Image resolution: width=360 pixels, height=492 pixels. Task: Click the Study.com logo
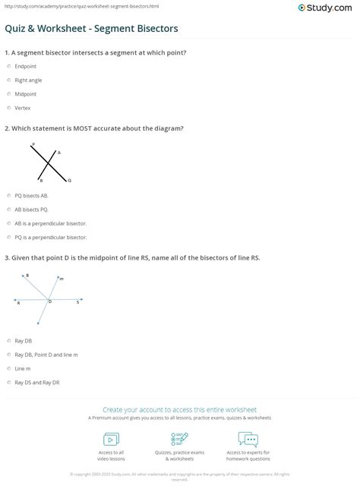pyautogui.click(x=328, y=8)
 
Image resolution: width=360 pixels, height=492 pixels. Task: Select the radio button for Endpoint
pyautogui.click(x=8, y=66)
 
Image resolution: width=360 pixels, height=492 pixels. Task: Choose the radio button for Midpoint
pyautogui.click(x=8, y=94)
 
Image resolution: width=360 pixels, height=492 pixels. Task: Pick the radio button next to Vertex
pyautogui.click(x=8, y=109)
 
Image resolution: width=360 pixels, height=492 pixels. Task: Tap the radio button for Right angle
pyautogui.click(x=8, y=80)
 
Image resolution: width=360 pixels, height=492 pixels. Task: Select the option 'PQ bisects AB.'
pyautogui.click(x=8, y=195)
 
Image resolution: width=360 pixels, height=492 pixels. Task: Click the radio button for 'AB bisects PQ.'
pyautogui.click(x=8, y=209)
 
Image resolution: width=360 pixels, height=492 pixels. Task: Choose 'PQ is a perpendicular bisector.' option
pyautogui.click(x=8, y=238)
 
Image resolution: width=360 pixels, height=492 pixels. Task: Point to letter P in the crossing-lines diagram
pyautogui.click(x=33, y=143)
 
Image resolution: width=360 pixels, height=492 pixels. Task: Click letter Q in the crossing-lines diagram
pyautogui.click(x=69, y=181)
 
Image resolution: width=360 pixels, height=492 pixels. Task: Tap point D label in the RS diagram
pyautogui.click(x=50, y=302)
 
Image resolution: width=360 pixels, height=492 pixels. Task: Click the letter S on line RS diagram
pyautogui.click(x=77, y=302)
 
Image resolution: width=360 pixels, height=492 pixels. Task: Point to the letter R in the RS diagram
pyautogui.click(x=18, y=303)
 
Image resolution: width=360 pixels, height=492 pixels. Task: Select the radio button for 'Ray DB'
pyautogui.click(x=8, y=341)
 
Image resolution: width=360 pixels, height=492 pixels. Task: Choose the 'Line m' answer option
pyautogui.click(x=8, y=368)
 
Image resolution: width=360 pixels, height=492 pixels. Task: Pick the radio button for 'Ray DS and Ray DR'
pyautogui.click(x=8, y=383)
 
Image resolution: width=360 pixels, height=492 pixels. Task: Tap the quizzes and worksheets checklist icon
pyautogui.click(x=179, y=440)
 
